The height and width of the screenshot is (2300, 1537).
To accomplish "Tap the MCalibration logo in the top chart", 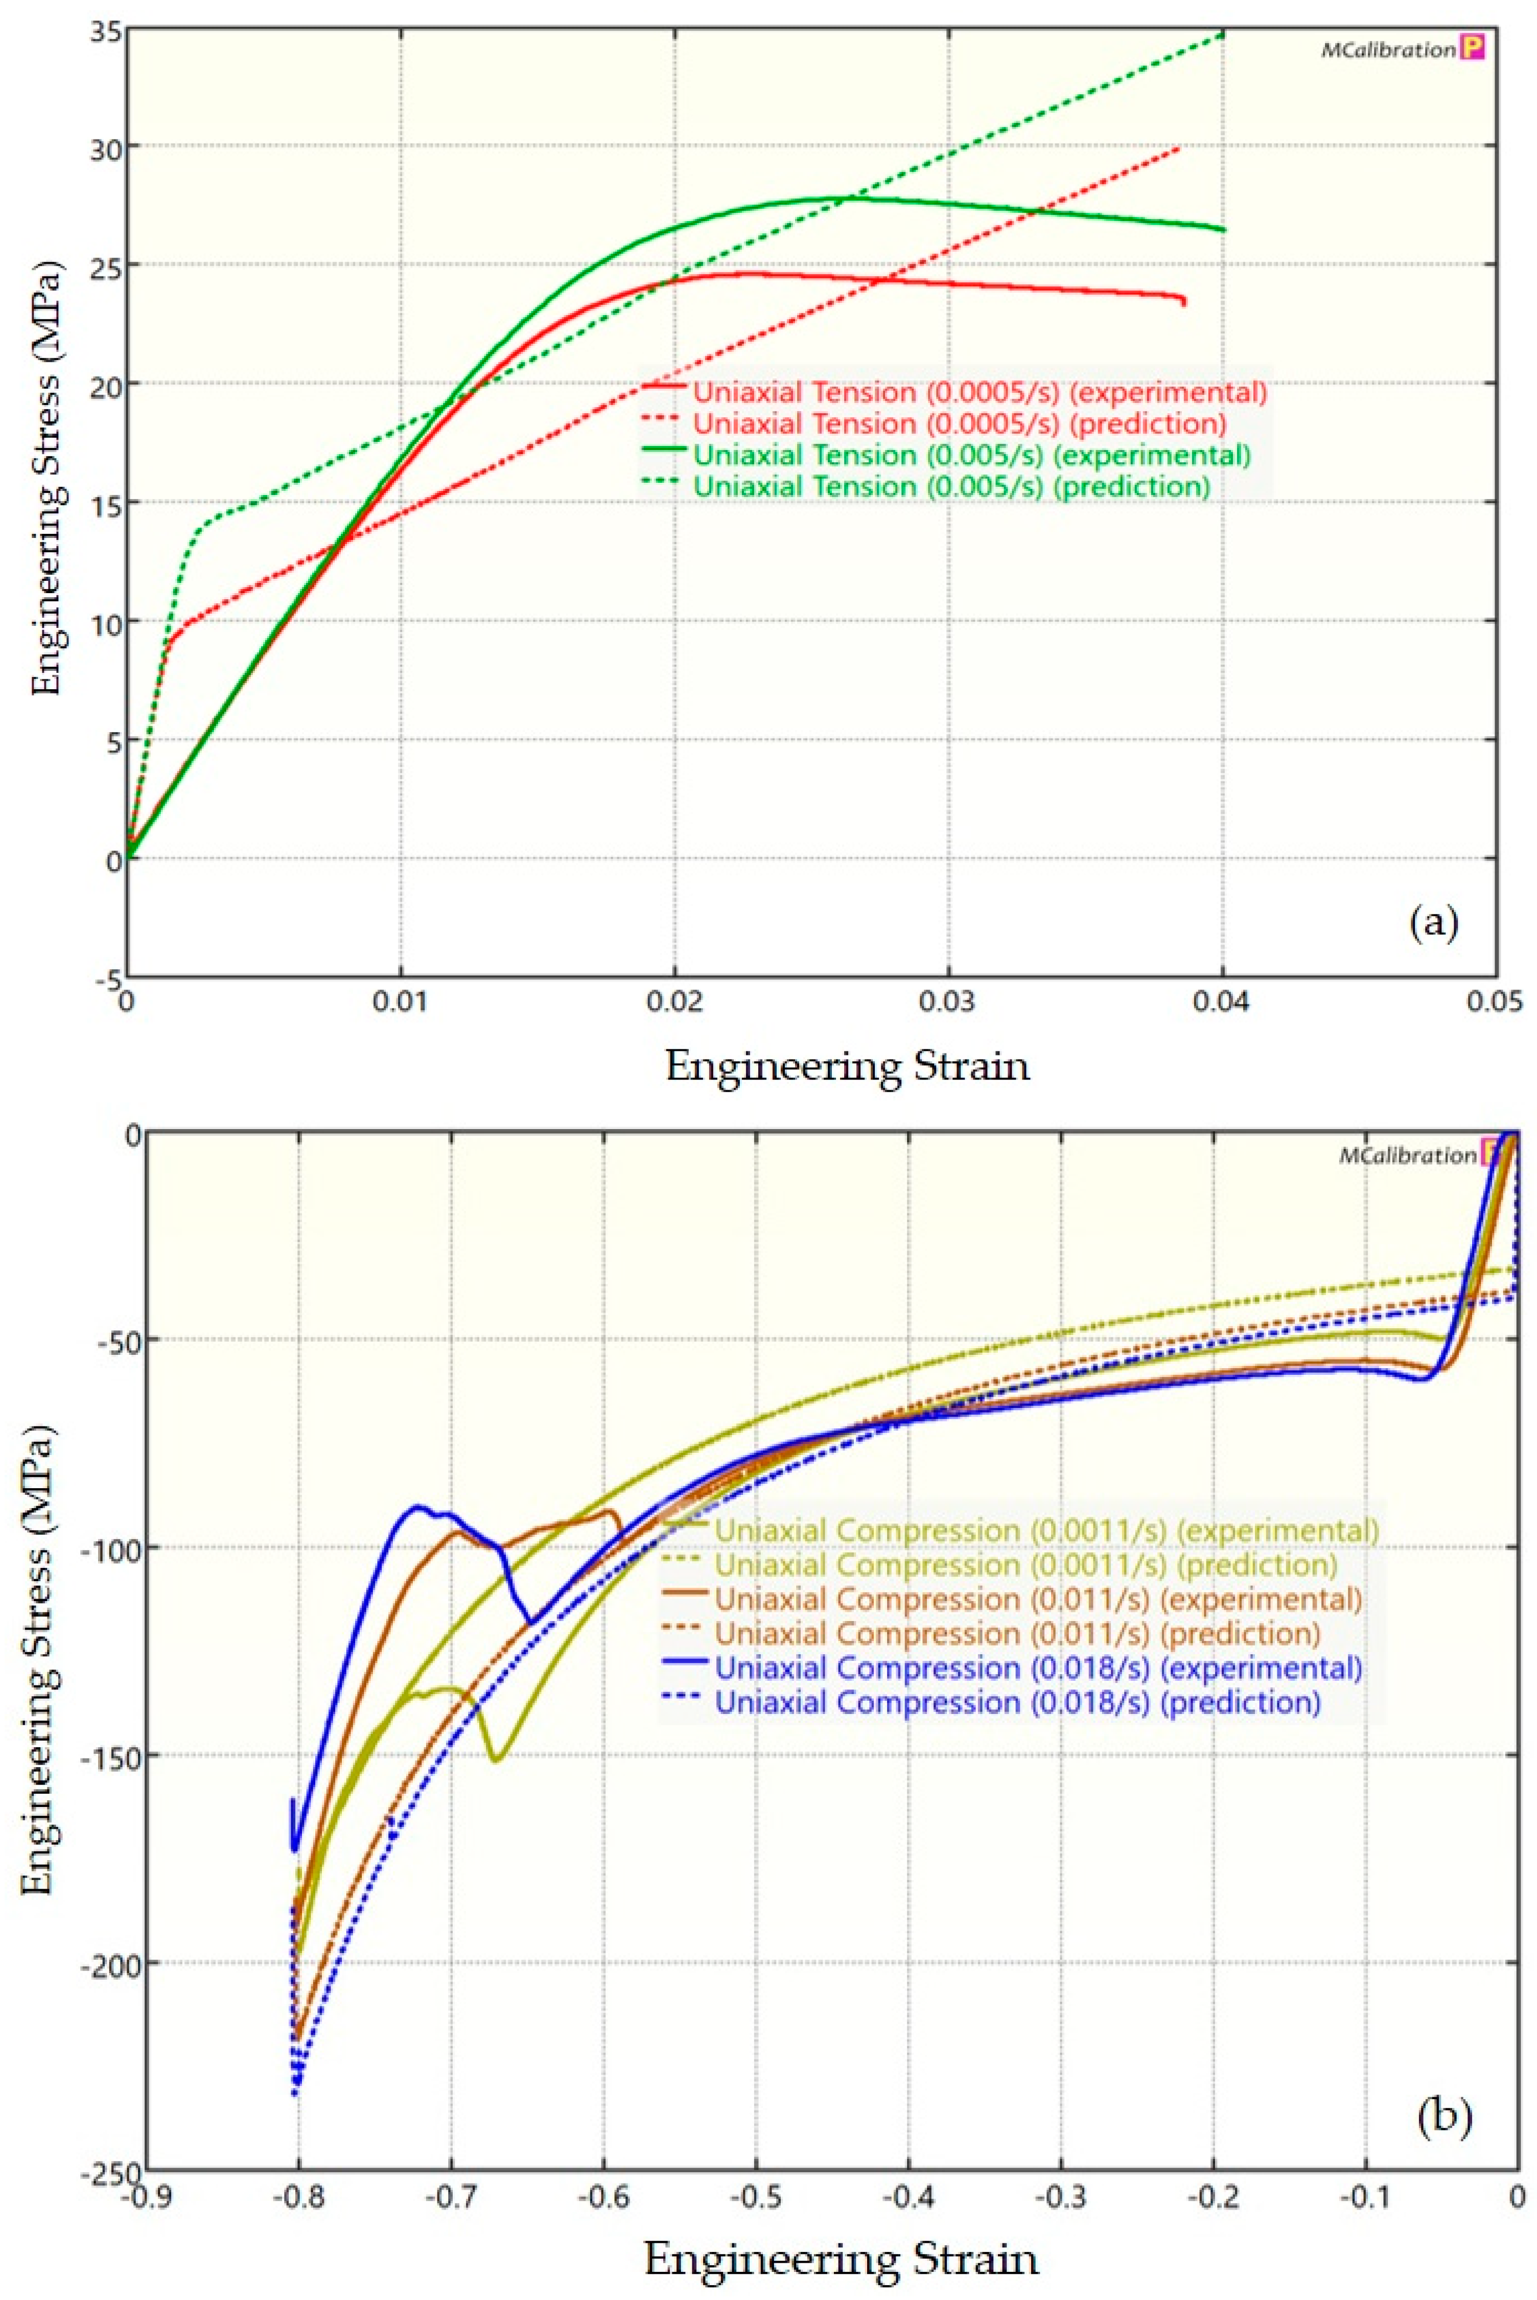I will [1402, 49].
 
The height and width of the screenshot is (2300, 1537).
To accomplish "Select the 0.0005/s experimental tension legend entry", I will [979, 392].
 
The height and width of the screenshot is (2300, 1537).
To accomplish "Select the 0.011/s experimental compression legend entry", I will [1037, 1599].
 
